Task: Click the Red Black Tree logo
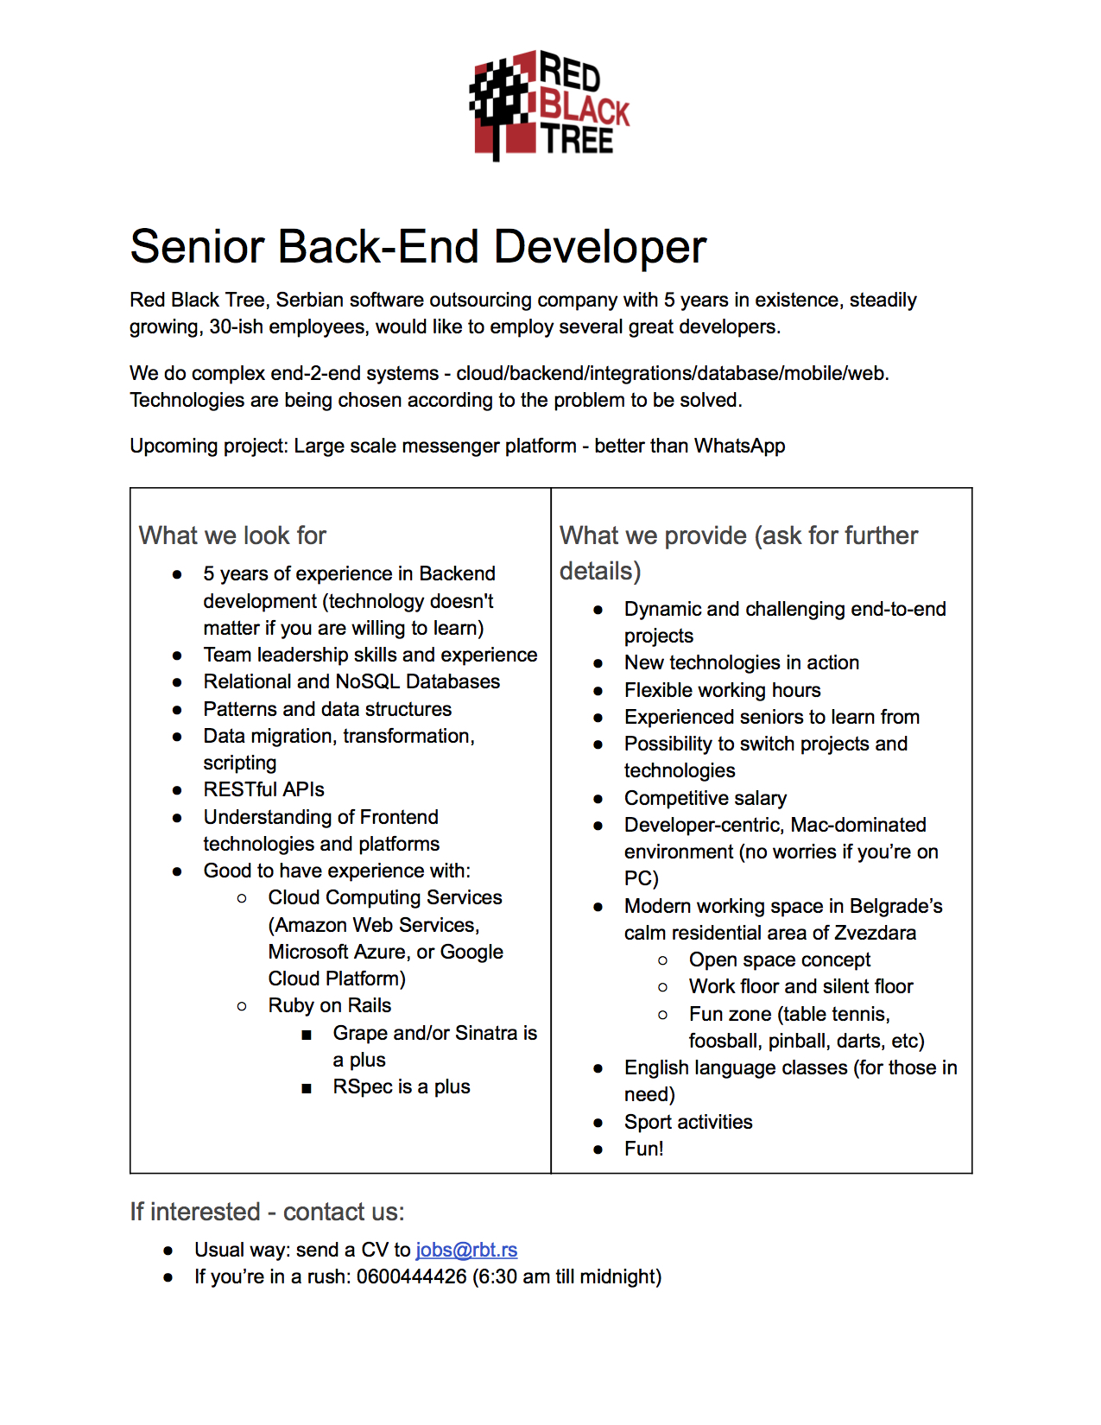tap(549, 105)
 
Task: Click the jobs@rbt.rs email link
tap(466, 1250)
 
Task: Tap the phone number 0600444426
tap(411, 1276)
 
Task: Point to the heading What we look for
tap(232, 535)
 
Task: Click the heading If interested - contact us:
tap(267, 1212)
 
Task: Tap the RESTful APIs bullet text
tap(263, 789)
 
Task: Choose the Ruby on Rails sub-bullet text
tap(329, 1005)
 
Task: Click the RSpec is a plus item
tap(401, 1086)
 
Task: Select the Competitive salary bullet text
tap(706, 798)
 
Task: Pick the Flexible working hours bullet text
tap(722, 690)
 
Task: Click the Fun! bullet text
tap(643, 1149)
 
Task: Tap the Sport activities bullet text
tap(688, 1122)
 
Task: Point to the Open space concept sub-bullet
tap(779, 959)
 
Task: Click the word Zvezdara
tap(875, 933)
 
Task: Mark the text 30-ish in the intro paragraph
tap(236, 326)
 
